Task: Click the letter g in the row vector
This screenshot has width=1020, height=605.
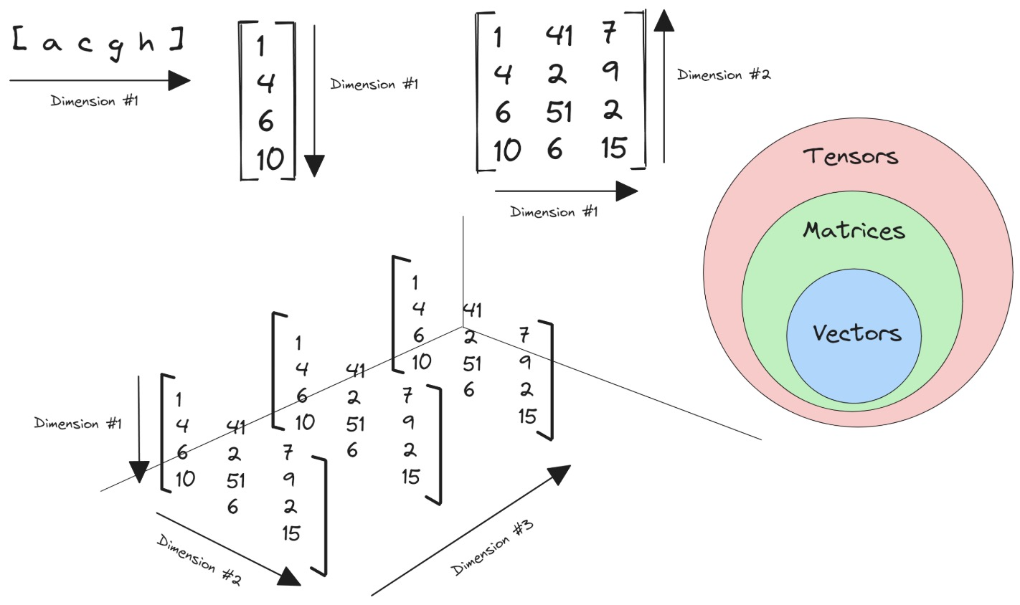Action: coord(116,46)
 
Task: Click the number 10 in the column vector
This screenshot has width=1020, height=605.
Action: coord(270,158)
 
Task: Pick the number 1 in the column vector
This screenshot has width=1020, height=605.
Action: coord(260,47)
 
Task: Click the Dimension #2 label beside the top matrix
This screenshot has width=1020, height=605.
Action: coord(724,75)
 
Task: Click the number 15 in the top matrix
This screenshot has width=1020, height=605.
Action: coord(613,148)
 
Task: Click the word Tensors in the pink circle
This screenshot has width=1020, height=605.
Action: coord(851,156)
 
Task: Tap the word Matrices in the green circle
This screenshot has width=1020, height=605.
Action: coord(854,230)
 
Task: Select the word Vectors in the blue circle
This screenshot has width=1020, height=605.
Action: coord(856,333)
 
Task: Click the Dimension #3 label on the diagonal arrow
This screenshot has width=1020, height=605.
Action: coord(493,546)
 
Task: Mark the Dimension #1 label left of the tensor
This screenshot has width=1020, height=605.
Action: coord(78,424)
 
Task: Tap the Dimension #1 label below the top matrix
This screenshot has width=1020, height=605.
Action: coord(554,212)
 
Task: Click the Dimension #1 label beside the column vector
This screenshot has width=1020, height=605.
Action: coord(374,85)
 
